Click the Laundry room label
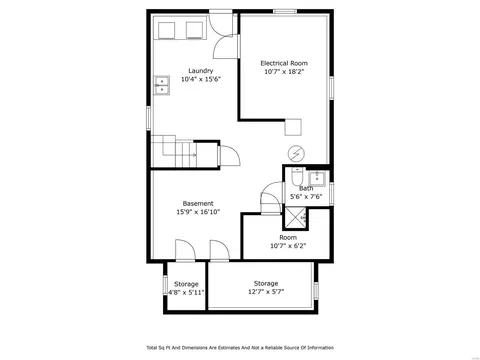pyautogui.click(x=201, y=71)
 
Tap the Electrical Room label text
pyautogui.click(x=284, y=63)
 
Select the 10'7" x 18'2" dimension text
pyautogui.click(x=284, y=72)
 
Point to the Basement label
pyautogui.click(x=198, y=203)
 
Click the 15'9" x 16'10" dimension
pyautogui.click(x=198, y=212)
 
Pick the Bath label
pyautogui.click(x=306, y=189)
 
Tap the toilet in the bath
pyautogui.click(x=296, y=177)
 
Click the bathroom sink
pyautogui.click(x=317, y=179)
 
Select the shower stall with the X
pyautogui.click(x=295, y=218)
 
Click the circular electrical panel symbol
pyautogui.click(x=296, y=154)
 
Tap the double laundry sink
pyautogui.click(x=162, y=85)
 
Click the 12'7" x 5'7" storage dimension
pyautogui.click(x=266, y=292)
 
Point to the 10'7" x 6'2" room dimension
pyautogui.click(x=288, y=246)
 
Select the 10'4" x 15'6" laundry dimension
pyautogui.click(x=201, y=79)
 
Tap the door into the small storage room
pyautogui.click(x=185, y=250)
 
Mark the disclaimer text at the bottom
pyautogui.click(x=240, y=348)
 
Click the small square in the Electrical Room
pyautogui.click(x=293, y=127)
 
